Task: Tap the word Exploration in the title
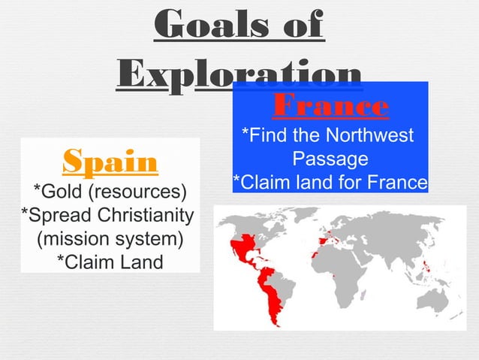coord(239,75)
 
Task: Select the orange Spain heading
coord(110,160)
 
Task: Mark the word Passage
coord(330,159)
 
